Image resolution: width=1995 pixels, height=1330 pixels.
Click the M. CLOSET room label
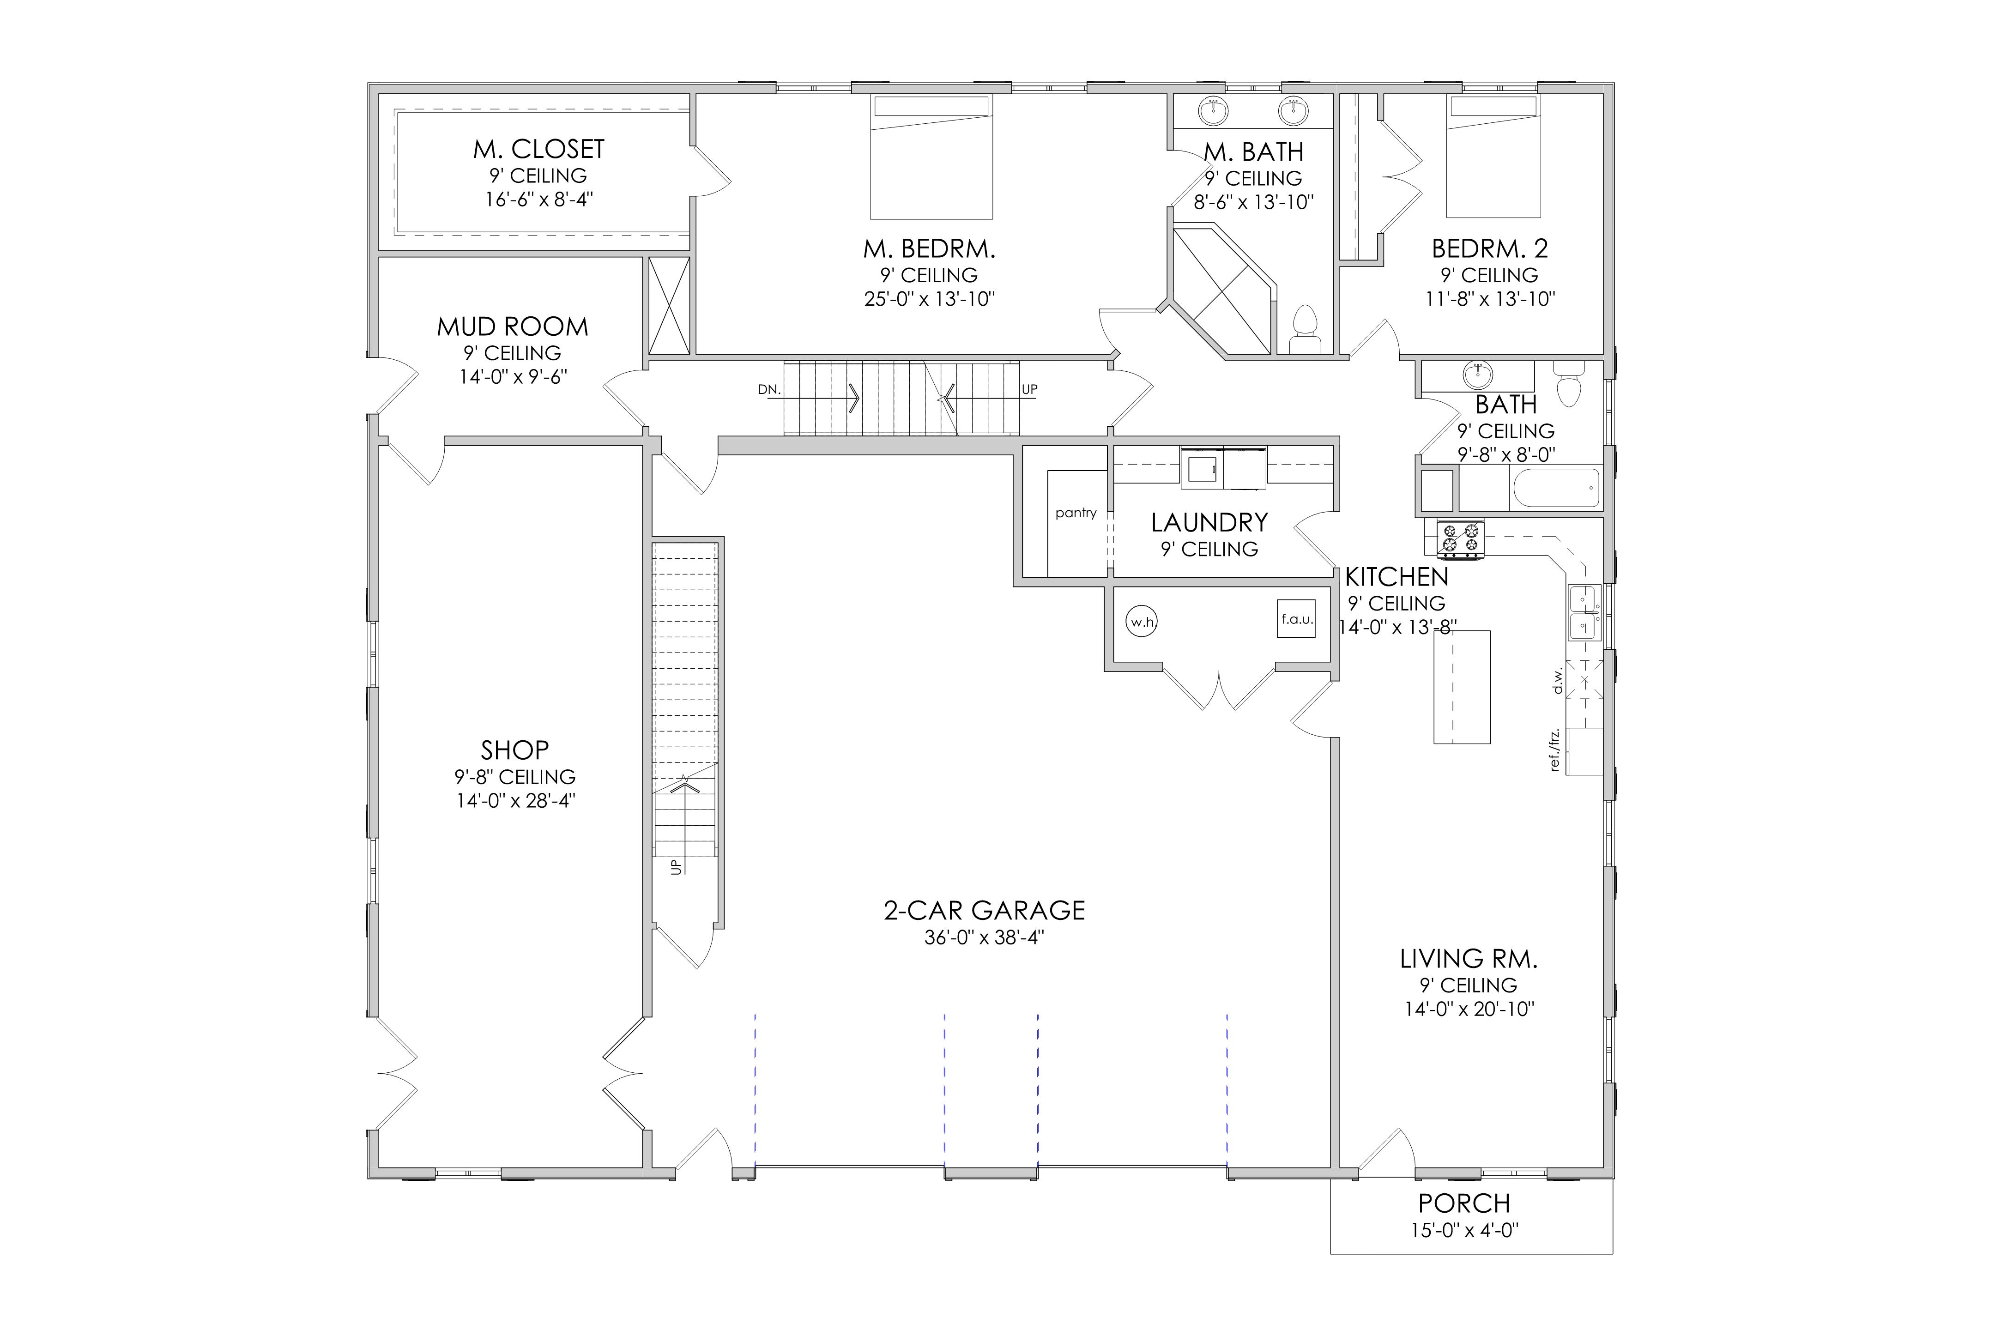click(538, 149)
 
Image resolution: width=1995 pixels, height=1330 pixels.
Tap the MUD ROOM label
click(512, 326)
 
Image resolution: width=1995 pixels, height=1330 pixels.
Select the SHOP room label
click(515, 750)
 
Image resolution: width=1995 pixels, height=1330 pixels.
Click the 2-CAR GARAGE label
click(984, 910)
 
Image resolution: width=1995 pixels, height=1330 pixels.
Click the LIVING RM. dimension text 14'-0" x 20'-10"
click(1469, 1009)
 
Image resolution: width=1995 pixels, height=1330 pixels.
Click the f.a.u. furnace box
click(1296, 618)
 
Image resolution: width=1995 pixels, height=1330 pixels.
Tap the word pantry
click(1076, 513)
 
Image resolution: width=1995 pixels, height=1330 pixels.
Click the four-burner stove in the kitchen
click(1460, 539)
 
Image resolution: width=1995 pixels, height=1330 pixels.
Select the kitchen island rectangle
click(1462, 687)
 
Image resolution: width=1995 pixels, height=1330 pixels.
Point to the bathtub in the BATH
click(1556, 487)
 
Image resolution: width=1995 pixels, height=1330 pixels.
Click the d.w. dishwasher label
click(1557, 681)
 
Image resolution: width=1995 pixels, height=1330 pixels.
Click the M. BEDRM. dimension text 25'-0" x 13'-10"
click(929, 299)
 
